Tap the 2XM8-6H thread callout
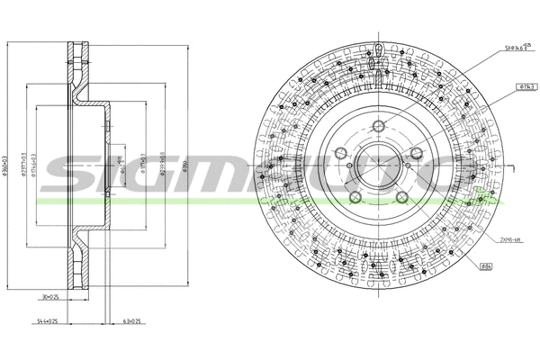pos(510,239)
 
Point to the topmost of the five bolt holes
pos(379,125)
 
